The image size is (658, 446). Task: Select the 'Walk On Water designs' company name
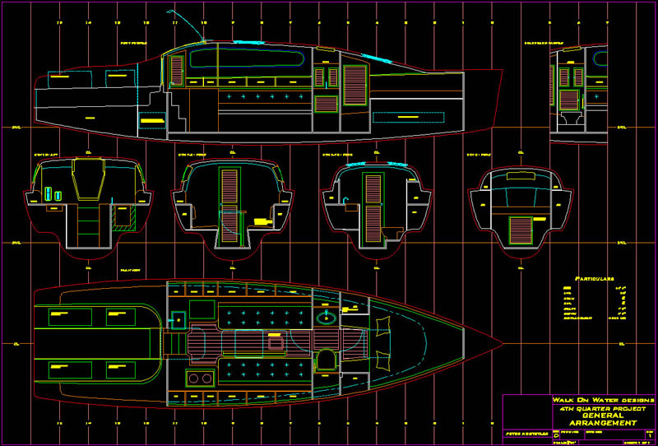580,399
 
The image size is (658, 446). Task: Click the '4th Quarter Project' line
590,407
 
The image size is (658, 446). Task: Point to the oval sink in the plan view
326,317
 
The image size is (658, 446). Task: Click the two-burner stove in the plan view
199,378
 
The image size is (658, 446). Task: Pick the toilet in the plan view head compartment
327,360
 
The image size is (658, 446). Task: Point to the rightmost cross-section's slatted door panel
521,228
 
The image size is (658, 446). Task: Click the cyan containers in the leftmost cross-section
52,193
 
